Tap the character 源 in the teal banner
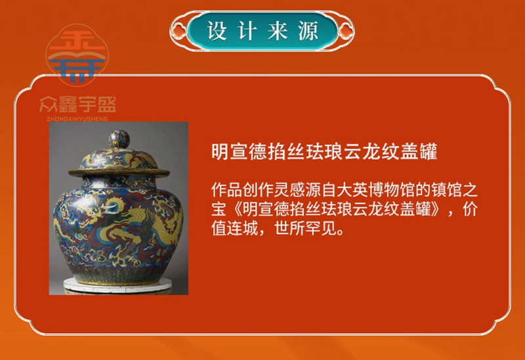click(x=308, y=31)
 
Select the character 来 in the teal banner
click(x=278, y=31)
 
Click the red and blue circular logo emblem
click(x=77, y=55)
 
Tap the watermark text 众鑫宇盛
click(x=77, y=104)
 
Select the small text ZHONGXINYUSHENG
click(x=77, y=119)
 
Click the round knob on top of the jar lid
click(x=119, y=139)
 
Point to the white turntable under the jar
click(x=118, y=285)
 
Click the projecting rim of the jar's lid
click(x=119, y=172)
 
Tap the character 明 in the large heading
click(x=220, y=151)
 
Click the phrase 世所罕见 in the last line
click(x=305, y=228)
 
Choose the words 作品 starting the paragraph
click(x=227, y=190)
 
